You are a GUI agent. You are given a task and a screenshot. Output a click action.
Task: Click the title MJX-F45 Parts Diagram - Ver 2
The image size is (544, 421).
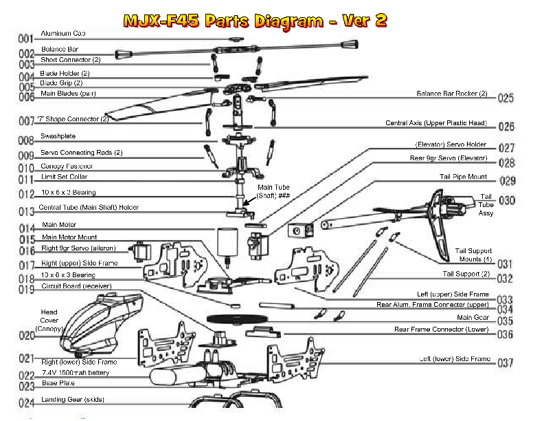[255, 21]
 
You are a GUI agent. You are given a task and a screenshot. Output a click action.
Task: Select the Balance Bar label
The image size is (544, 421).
[64, 49]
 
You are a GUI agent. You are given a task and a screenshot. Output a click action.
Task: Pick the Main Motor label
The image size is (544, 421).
[60, 224]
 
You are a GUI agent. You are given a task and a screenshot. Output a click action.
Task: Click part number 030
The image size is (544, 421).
[507, 200]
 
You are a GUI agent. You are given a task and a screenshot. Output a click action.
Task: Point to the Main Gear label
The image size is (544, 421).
[473, 317]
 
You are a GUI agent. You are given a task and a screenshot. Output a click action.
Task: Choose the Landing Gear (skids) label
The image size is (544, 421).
[73, 399]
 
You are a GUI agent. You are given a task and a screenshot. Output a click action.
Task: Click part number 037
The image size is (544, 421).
[506, 363]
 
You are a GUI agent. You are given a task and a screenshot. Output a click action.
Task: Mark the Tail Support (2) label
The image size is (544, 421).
[466, 274]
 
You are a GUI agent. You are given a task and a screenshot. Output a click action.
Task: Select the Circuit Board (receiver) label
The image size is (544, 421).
[76, 285]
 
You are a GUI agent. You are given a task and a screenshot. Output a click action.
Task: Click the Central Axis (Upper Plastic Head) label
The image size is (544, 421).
[435, 123]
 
